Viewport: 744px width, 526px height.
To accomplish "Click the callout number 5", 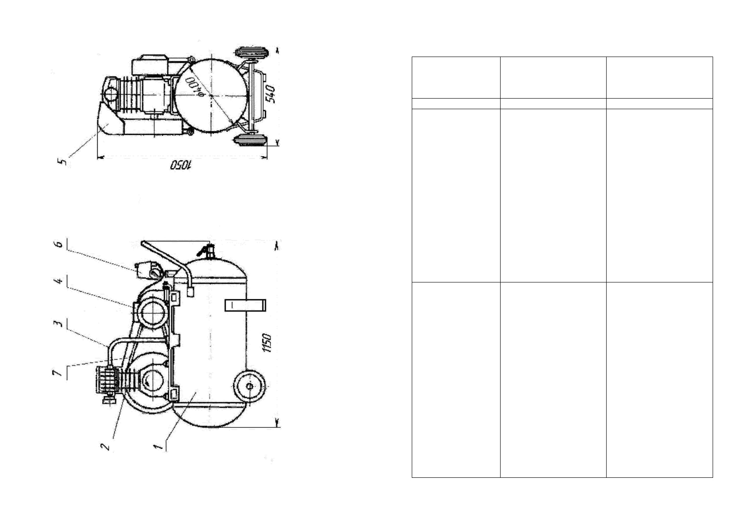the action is [x=62, y=162].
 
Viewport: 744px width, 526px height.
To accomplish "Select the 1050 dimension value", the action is [x=181, y=165].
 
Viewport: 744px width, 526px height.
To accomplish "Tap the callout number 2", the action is [x=106, y=446].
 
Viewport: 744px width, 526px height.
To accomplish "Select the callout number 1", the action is [x=159, y=446].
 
